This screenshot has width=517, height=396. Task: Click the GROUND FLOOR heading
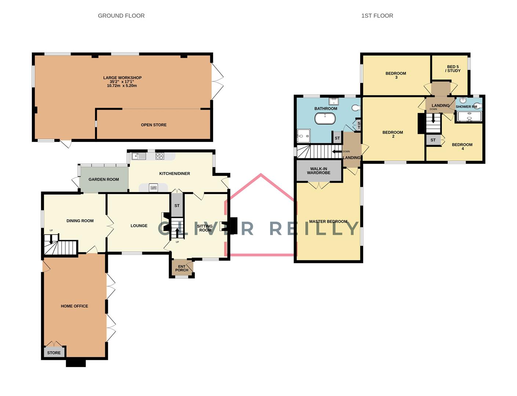121,16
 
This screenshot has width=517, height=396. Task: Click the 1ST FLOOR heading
377,16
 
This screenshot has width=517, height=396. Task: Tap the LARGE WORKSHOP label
122,78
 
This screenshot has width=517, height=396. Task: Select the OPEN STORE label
154,125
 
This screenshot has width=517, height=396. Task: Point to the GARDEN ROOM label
103,180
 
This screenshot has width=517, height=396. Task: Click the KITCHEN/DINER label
174,173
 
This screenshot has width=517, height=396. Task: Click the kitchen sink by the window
139,156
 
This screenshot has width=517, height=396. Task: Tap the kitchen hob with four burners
160,156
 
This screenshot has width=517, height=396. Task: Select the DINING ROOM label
80,221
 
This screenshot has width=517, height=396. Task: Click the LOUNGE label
139,226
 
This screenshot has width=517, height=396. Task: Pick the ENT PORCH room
182,268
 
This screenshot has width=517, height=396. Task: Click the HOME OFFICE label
74,306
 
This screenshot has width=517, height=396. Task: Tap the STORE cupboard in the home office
54,353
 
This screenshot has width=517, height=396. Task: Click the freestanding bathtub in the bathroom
325,118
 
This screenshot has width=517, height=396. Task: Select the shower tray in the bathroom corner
303,136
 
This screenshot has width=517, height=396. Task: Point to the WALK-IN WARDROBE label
318,171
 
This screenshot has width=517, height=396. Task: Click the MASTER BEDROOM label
328,221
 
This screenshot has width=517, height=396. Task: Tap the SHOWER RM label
466,107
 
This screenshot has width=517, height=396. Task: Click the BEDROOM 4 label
462,146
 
